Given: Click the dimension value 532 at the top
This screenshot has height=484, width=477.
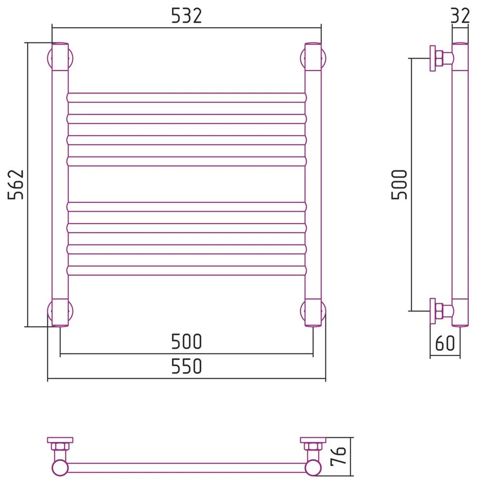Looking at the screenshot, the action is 186,16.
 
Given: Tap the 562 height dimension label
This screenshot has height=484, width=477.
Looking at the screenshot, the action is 16,184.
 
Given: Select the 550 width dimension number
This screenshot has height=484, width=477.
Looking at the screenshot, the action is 186,366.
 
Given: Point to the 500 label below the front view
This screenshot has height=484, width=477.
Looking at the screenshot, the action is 186,341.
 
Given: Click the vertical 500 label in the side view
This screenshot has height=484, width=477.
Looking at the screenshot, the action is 399,184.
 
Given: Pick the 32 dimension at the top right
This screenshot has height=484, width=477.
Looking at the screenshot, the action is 460,16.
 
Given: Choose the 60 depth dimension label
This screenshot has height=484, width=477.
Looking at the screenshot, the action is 445,343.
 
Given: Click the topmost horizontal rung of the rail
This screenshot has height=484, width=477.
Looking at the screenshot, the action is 186,98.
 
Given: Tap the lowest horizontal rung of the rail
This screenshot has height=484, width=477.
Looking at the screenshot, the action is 186,271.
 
